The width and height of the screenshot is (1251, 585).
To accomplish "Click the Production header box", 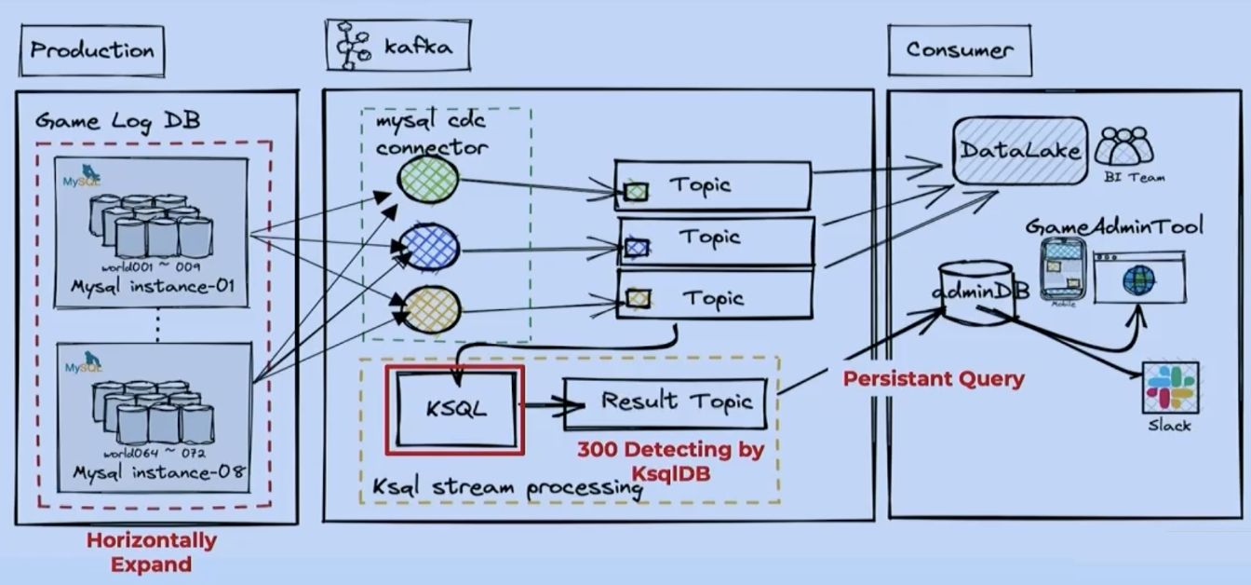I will (91, 50).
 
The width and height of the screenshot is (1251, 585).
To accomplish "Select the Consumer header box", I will (959, 50).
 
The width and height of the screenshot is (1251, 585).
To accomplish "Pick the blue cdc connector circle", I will (428, 248).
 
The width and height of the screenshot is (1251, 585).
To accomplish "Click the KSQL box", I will (455, 410).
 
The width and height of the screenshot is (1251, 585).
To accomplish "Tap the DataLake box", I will (1020, 150).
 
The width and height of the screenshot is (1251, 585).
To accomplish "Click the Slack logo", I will (1171, 388).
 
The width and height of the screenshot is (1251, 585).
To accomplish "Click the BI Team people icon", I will (1124, 146).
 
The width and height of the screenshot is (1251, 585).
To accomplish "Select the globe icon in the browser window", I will (1138, 279).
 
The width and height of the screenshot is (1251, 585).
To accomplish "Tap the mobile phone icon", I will (1062, 267).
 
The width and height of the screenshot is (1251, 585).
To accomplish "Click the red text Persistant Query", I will (934, 379).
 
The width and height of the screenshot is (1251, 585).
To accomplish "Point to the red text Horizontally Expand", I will (152, 552).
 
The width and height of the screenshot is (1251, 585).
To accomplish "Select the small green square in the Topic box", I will (638, 192).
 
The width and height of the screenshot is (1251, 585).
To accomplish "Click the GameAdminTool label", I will (1114, 225).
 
